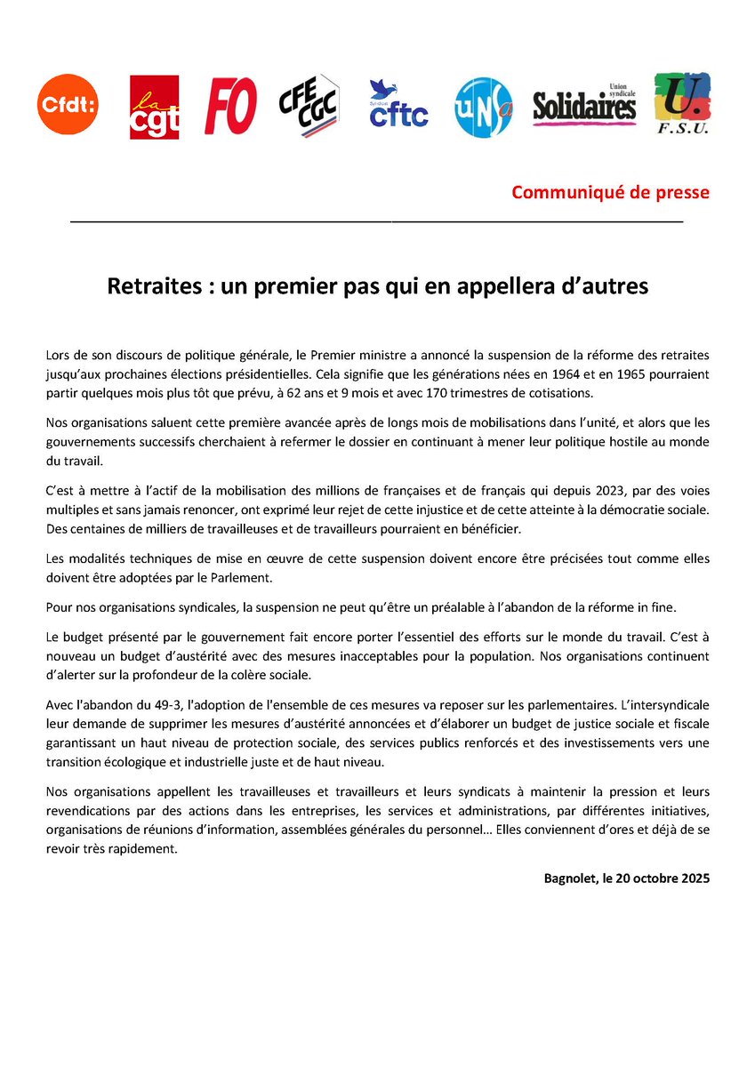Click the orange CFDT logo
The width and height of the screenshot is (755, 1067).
[67, 105]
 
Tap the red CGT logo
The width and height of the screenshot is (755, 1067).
[155, 107]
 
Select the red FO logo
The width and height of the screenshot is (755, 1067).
[230, 105]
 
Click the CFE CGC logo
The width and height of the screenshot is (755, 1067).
[306, 106]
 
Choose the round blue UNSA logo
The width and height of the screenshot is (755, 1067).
[483, 107]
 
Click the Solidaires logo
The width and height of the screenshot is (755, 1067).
[585, 106]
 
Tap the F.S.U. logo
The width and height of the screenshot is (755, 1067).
[681, 105]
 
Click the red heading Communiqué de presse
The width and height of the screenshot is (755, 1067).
[610, 192]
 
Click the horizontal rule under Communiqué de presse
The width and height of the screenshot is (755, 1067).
[376, 219]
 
